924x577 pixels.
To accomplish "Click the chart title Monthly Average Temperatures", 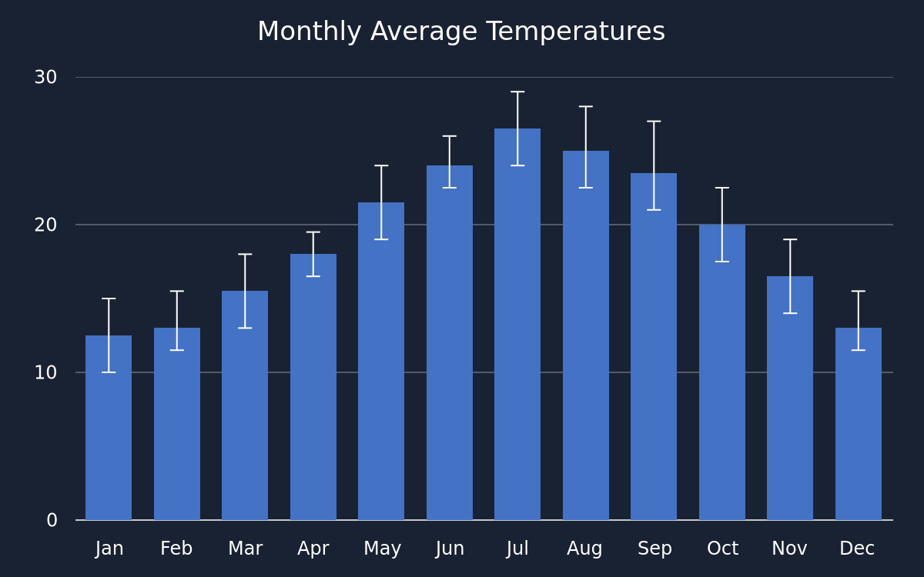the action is click(461, 32).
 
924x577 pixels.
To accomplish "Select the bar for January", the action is click(109, 428).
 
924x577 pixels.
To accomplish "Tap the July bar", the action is click(517, 324).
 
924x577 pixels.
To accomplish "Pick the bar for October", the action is click(722, 372).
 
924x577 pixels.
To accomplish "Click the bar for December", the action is click(859, 424).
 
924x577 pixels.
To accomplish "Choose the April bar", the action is click(313, 387).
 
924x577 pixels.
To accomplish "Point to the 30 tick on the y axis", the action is click(45, 77).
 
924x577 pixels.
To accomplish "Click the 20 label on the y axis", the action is click(45, 225).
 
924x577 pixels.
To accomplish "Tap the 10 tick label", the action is click(45, 372).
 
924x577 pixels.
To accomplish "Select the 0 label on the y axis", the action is click(52, 520).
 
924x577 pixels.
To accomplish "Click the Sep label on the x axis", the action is click(654, 549).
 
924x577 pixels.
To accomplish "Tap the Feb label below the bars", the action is click(176, 549).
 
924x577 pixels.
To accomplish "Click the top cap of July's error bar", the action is click(517, 92).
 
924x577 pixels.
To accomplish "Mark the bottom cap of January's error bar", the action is click(109, 372).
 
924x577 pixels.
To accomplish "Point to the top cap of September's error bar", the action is click(654, 122).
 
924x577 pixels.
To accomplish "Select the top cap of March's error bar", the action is click(245, 255).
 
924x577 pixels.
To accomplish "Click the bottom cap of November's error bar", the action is click(790, 313).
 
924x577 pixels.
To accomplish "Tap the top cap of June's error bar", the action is click(449, 136).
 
